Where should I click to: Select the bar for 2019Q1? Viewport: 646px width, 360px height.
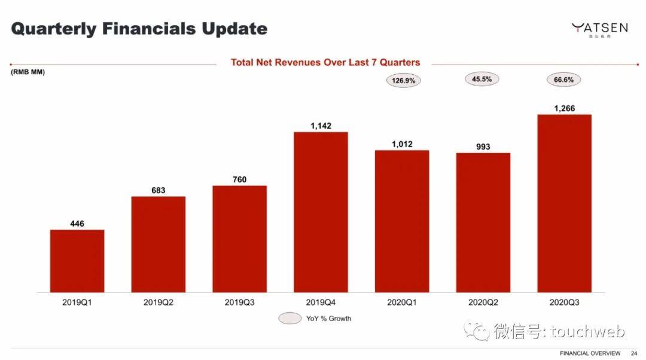(x=77, y=261)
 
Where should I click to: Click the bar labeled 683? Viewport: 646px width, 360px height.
(x=159, y=244)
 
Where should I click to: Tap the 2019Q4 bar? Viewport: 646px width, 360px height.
(x=321, y=212)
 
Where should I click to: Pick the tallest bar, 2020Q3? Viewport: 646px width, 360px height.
(x=564, y=203)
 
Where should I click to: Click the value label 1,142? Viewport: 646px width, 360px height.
(x=321, y=126)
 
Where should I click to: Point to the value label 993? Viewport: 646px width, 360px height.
(x=483, y=147)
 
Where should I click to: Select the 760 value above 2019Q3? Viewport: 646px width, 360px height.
(x=239, y=179)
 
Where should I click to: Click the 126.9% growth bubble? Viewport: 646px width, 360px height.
(x=403, y=80)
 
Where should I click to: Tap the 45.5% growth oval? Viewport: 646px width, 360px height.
(x=482, y=79)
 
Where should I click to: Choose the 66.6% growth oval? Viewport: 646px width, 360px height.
(x=563, y=80)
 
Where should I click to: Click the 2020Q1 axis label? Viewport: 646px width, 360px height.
(x=402, y=303)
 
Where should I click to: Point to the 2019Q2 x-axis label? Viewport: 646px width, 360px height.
(x=159, y=303)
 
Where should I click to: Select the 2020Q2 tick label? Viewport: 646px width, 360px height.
(x=483, y=303)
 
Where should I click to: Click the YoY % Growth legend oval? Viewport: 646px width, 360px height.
(x=290, y=318)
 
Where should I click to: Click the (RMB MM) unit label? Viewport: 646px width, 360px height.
(x=28, y=72)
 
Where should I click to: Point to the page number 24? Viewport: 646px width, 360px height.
(x=634, y=353)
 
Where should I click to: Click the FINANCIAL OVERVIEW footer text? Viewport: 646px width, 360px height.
(x=590, y=353)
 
